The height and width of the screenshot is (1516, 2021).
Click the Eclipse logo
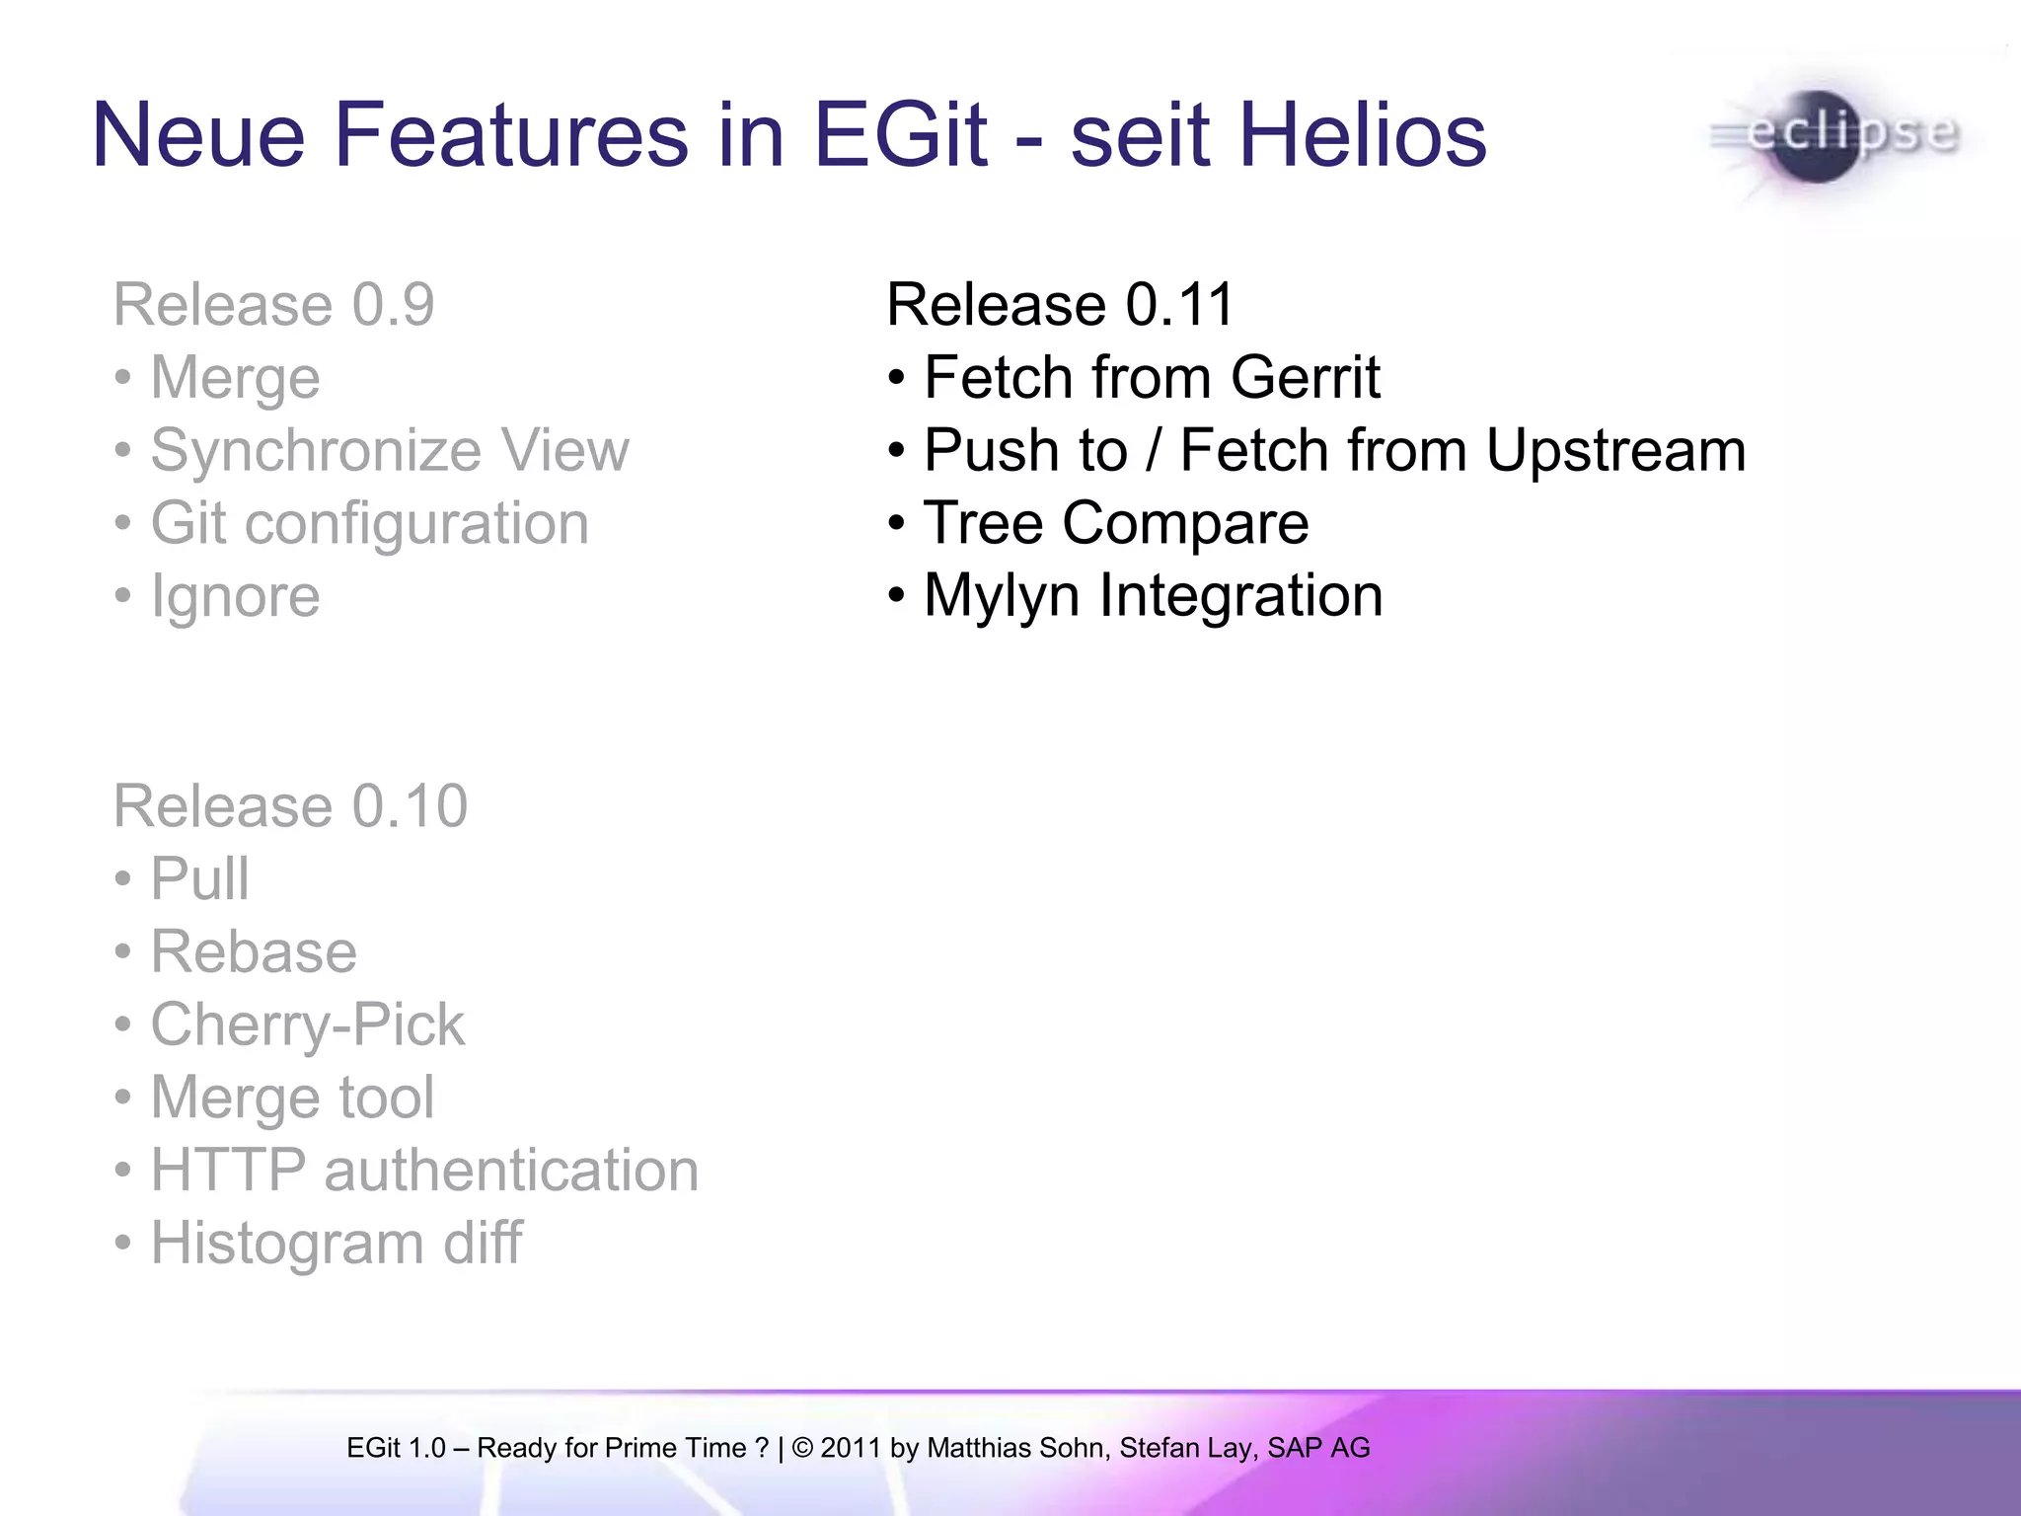(x=1835, y=137)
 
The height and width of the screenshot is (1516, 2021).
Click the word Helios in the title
(x=1362, y=135)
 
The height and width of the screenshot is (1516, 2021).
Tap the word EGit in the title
(x=899, y=135)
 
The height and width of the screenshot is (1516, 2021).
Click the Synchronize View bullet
(x=389, y=450)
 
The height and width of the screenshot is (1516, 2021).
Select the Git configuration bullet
(x=369, y=523)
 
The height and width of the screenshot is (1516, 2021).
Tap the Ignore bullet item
(x=235, y=596)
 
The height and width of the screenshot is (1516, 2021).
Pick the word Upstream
(x=1615, y=450)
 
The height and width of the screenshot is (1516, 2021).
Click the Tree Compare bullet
(x=1115, y=523)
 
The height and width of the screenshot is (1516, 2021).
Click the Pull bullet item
(x=199, y=878)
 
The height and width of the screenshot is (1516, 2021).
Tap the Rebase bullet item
(x=253, y=951)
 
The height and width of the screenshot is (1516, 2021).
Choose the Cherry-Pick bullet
(x=306, y=1024)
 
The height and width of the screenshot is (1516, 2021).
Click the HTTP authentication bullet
(x=424, y=1171)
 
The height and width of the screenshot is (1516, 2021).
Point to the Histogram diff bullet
(x=336, y=1244)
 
